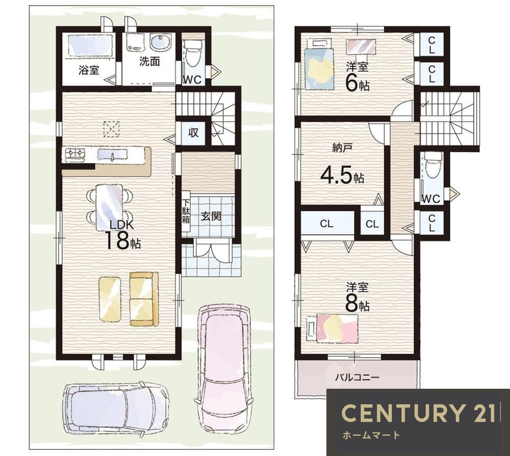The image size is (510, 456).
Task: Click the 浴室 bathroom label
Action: point(89,70)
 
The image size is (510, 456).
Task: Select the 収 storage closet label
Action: point(193,132)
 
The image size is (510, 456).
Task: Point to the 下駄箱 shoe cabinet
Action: point(186,210)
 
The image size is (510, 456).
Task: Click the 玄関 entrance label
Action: point(211,216)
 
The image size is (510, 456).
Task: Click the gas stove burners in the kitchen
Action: point(75,154)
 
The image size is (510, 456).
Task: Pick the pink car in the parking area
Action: point(224,354)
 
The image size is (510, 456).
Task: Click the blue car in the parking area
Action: point(116,409)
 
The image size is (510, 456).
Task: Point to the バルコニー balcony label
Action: point(357,378)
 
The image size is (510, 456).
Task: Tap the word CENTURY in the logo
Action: point(402,413)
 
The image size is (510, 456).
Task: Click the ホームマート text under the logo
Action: point(371,435)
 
